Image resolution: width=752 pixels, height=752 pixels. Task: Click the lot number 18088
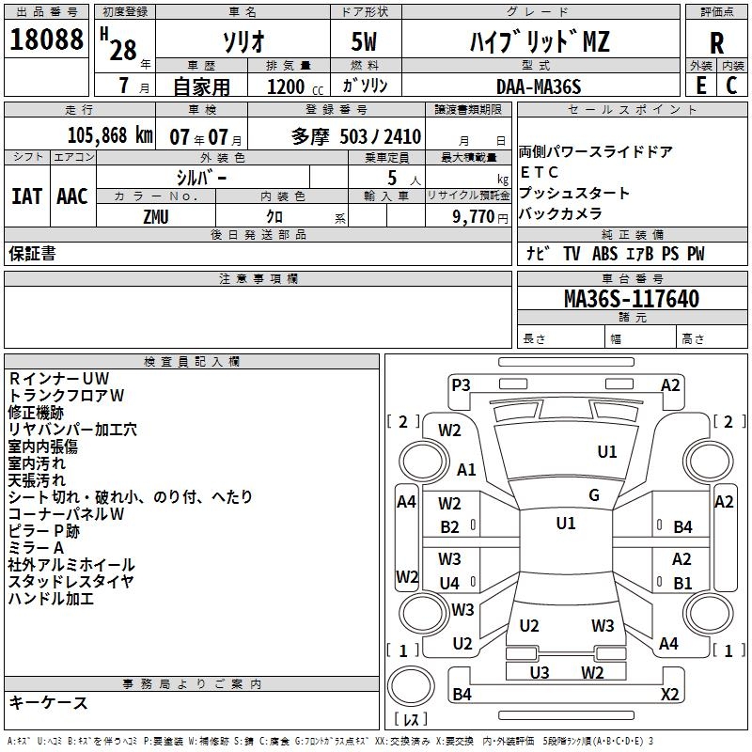47,42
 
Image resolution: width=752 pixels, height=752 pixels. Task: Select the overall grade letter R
717,42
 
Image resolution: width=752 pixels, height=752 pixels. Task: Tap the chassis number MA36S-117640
631,299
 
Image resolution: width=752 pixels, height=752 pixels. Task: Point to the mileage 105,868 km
110,135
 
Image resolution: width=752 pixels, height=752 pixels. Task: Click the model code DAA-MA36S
539,86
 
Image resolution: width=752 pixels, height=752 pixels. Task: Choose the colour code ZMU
156,216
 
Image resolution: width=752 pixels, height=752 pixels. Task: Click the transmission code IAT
26,196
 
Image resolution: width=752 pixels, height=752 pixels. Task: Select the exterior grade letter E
700,86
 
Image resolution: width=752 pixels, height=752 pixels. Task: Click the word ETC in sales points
540,172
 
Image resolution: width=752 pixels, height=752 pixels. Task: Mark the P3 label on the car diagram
461,384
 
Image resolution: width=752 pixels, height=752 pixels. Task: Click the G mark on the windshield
594,495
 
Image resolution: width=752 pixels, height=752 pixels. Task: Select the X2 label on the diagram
670,695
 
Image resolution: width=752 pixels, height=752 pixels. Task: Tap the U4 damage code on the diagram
450,583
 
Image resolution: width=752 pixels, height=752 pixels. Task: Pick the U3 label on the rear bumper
540,672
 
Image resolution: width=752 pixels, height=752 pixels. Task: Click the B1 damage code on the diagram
682,583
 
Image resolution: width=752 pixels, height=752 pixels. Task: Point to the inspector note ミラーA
36,548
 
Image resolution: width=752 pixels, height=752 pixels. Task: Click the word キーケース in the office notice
48,703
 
